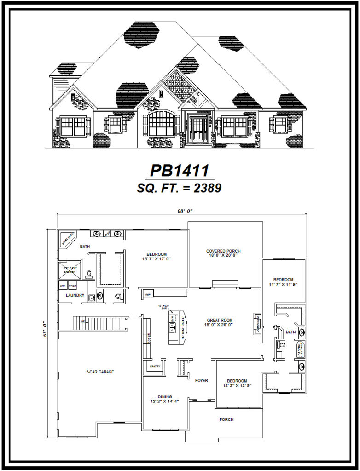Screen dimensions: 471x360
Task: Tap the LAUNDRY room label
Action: coord(75,295)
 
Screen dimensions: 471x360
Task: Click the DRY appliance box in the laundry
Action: coord(63,286)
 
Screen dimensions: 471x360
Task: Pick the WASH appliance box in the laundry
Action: coord(72,286)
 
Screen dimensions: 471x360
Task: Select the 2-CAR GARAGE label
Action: coord(99,372)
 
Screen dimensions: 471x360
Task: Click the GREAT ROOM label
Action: coord(219,320)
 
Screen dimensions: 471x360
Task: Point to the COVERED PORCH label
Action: coord(223,251)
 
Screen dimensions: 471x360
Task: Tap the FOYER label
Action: coord(201,381)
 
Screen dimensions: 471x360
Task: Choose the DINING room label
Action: coord(164,396)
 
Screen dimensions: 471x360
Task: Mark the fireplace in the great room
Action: coord(259,323)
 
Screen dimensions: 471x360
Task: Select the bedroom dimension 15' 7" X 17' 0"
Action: coord(157,259)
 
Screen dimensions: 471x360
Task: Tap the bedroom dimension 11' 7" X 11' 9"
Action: coord(283,285)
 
